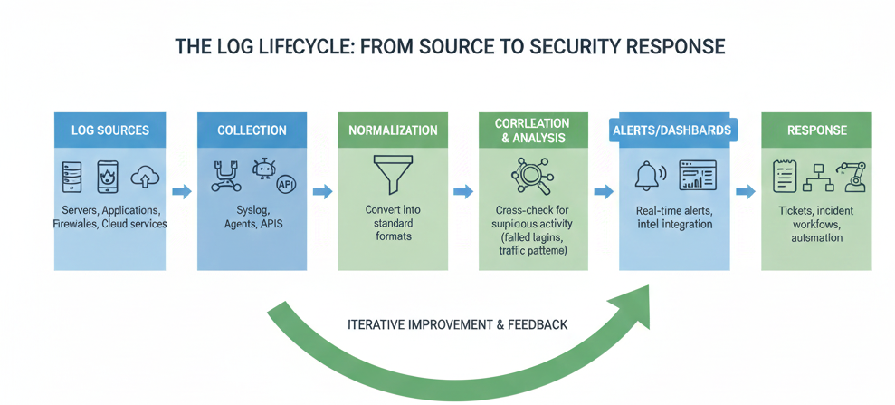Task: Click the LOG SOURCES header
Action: click(109, 130)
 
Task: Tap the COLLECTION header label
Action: click(252, 130)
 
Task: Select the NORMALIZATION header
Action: click(393, 130)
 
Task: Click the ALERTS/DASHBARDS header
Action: click(672, 130)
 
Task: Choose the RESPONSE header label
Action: click(816, 130)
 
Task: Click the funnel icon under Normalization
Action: click(393, 175)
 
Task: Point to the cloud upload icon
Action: click(145, 176)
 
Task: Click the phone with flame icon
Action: click(108, 176)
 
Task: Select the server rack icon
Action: click(71, 176)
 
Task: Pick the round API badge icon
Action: click(286, 184)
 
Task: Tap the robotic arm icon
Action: click(852, 176)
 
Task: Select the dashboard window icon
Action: click(697, 176)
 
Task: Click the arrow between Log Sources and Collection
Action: click(181, 191)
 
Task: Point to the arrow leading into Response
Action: click(745, 191)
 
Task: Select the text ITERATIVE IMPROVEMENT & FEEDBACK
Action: click(457, 324)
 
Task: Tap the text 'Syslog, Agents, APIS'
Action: click(252, 217)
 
